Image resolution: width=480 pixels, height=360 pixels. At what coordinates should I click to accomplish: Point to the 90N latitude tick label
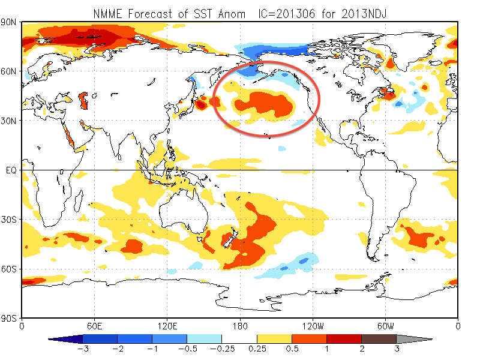point(10,22)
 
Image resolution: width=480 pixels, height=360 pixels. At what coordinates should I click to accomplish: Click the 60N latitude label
point(10,71)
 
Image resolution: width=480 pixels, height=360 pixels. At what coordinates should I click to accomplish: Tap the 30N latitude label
point(10,121)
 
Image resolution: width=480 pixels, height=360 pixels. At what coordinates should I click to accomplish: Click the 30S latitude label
point(10,220)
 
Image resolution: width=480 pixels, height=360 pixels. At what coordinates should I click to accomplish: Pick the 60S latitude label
point(10,269)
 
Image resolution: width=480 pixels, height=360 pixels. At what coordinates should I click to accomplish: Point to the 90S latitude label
point(10,318)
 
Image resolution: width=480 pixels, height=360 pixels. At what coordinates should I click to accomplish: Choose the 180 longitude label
point(239,327)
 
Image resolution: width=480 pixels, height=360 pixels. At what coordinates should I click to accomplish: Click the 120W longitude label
point(312,327)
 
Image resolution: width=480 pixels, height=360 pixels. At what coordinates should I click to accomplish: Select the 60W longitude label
point(385,327)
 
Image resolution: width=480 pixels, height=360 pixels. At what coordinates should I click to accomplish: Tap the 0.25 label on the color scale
point(257,349)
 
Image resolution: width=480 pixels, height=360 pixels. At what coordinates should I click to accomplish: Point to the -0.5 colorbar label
point(187,349)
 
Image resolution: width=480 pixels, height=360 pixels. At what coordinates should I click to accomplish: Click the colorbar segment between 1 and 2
point(344,339)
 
